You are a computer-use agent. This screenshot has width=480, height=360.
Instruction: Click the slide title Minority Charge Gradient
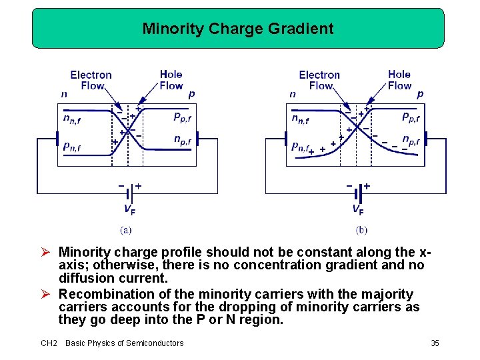[x=238, y=29]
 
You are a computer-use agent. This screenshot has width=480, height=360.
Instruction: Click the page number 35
[x=435, y=343]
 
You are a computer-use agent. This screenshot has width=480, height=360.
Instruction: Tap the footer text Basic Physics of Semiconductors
[x=124, y=343]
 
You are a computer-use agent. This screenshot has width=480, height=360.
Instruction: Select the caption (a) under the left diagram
[x=125, y=230]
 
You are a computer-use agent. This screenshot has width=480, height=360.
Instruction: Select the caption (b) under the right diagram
[x=361, y=230]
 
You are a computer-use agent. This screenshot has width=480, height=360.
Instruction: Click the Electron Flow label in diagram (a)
[x=91, y=80]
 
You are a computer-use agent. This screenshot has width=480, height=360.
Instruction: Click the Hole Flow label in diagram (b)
[x=399, y=80]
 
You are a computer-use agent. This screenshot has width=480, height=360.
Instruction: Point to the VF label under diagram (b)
[x=358, y=210]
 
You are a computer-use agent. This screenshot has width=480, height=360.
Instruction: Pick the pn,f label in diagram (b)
[x=301, y=147]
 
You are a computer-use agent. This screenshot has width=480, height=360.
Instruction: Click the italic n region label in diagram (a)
[x=64, y=94]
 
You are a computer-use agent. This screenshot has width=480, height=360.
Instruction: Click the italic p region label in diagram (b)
[x=419, y=94]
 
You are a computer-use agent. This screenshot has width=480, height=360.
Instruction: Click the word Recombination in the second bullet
[x=103, y=294]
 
